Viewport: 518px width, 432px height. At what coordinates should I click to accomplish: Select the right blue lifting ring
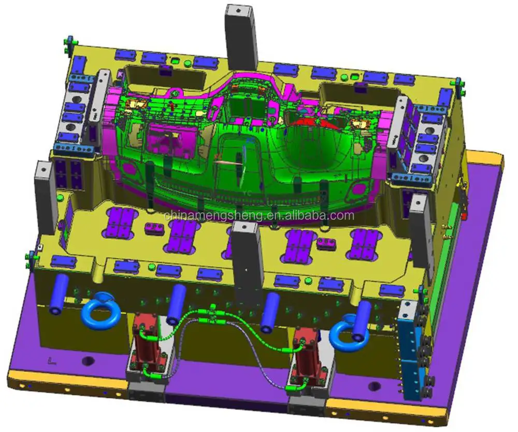347,333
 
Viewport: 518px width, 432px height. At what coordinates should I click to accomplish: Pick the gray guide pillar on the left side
46,197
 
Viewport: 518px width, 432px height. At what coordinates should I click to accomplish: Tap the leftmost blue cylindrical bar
59,295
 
